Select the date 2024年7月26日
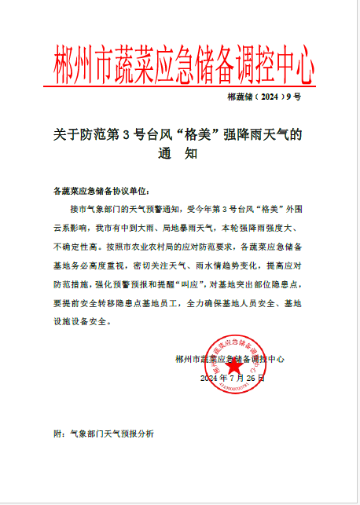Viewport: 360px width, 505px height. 233,378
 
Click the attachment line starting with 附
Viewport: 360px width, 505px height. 103,434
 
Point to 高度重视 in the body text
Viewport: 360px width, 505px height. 111,265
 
